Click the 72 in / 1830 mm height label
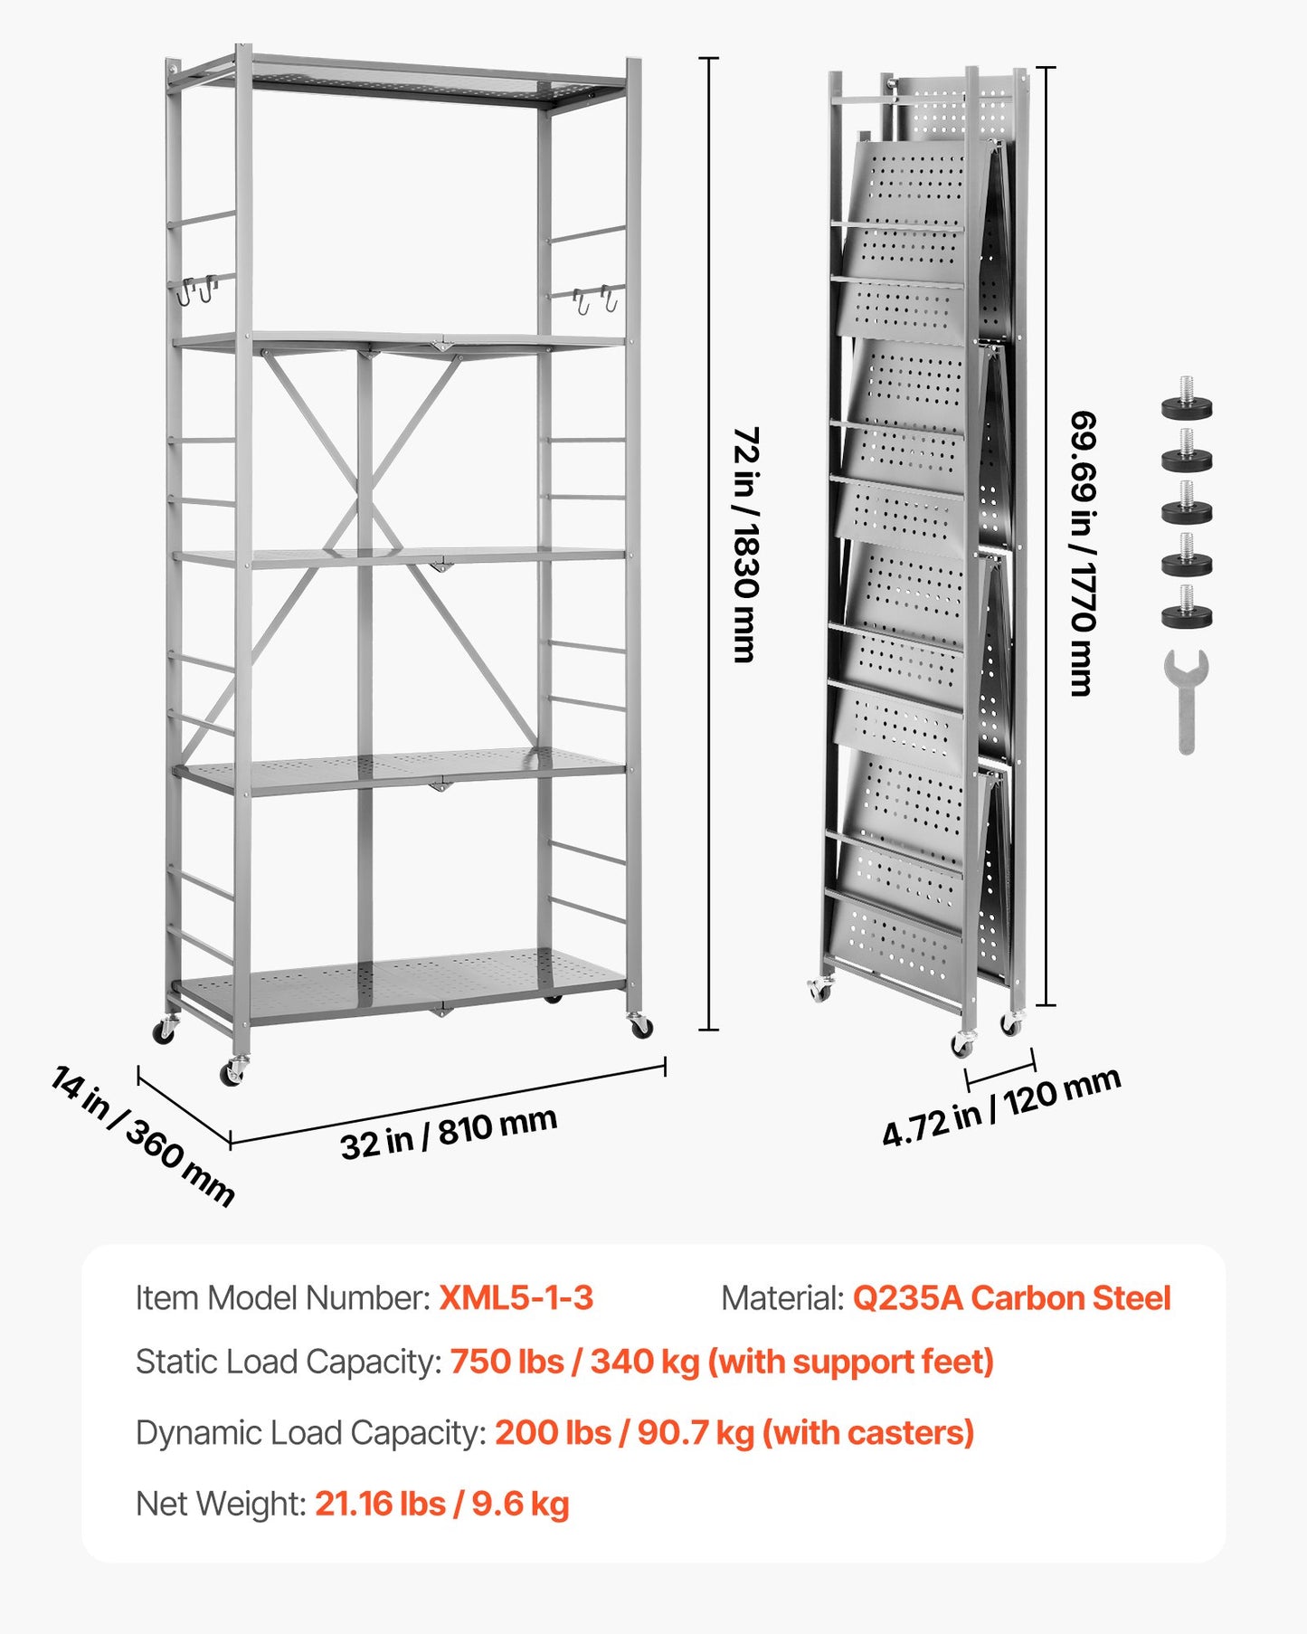(x=745, y=545)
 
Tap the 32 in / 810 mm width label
(x=449, y=1132)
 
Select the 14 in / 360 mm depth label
(x=143, y=1136)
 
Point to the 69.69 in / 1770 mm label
(x=1083, y=553)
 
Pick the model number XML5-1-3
(x=516, y=1298)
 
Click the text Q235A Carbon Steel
(x=1011, y=1298)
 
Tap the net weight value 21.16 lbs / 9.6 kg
(x=442, y=1504)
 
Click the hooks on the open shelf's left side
(x=197, y=290)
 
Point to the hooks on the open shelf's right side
(x=595, y=299)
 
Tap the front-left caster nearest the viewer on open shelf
(x=232, y=1072)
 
